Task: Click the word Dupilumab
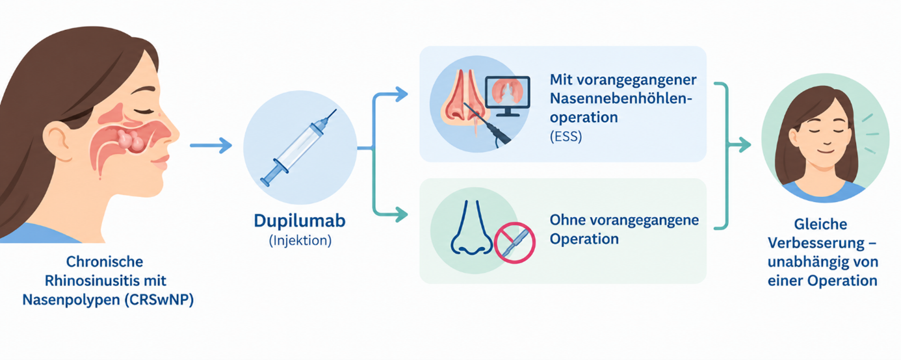click(x=300, y=221)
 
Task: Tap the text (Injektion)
click(x=300, y=240)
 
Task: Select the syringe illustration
click(x=298, y=148)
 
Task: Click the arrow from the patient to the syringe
click(x=211, y=145)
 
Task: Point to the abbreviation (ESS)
click(x=566, y=136)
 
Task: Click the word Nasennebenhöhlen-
click(x=621, y=98)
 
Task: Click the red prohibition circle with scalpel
click(x=514, y=242)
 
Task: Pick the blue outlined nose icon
click(x=471, y=227)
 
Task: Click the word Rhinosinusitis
click(x=94, y=281)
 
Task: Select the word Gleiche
click(x=820, y=224)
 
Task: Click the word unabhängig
click(x=805, y=263)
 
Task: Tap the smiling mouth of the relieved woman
click(x=826, y=150)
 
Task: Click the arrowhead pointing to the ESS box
click(x=402, y=95)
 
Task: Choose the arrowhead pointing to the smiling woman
click(x=744, y=145)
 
